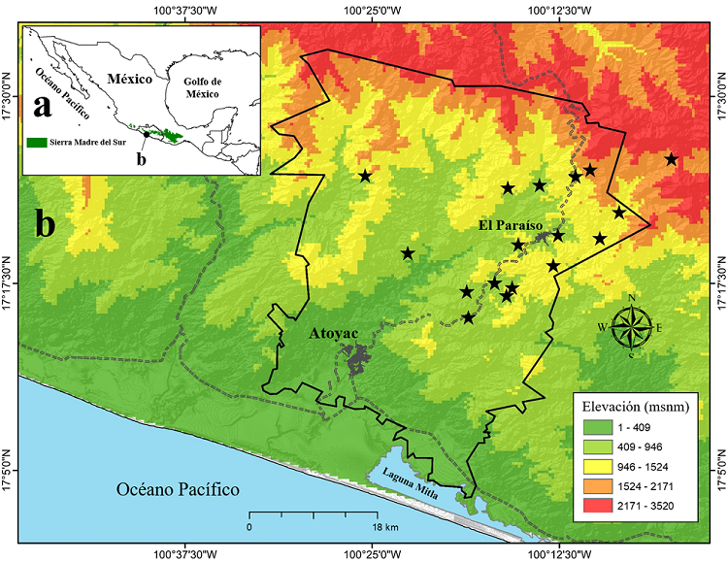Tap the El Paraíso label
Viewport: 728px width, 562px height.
510,225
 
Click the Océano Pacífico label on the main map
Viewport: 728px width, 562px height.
178,489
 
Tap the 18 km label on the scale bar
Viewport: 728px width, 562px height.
385,527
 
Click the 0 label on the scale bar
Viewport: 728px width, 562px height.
249,527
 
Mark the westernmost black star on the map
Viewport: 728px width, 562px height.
365,176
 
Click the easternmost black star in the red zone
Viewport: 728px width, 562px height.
671,159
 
